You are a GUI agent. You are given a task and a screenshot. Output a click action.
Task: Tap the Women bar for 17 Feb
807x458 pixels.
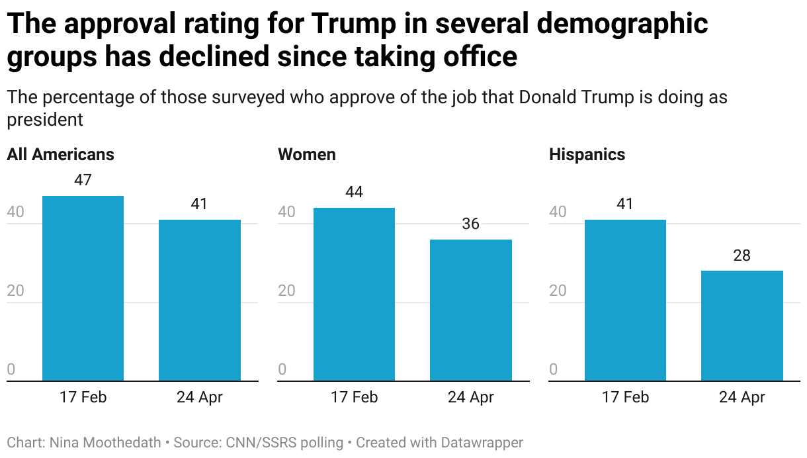coord(354,294)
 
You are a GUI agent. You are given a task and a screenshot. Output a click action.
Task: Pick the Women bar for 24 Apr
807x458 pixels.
coord(470,310)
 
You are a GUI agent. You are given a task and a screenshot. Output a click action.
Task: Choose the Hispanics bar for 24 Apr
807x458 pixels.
coord(742,326)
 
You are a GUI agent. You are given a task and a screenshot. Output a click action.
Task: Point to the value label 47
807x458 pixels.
coord(83,180)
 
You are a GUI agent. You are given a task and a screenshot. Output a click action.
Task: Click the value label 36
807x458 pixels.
coord(470,224)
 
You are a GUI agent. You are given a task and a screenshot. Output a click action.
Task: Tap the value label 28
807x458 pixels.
coord(742,255)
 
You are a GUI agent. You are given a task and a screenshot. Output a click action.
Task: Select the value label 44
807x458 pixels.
coord(354,192)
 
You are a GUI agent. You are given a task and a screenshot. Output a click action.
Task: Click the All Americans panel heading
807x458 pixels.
coord(60,155)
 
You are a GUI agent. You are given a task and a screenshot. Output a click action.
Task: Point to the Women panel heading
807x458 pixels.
coord(307,155)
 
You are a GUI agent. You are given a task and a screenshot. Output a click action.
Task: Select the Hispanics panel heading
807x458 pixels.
coord(587,155)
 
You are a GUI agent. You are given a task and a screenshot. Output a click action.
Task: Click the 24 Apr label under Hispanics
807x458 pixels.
coord(742,398)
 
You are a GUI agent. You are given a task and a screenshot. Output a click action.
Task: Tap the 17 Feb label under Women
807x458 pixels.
coord(354,398)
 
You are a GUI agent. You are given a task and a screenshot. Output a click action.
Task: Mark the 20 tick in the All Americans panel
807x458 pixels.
coord(15,291)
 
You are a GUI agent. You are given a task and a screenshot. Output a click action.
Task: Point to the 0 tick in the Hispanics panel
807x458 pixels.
coord(554,370)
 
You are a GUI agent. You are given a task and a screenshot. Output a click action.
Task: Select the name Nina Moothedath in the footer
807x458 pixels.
coord(105,442)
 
